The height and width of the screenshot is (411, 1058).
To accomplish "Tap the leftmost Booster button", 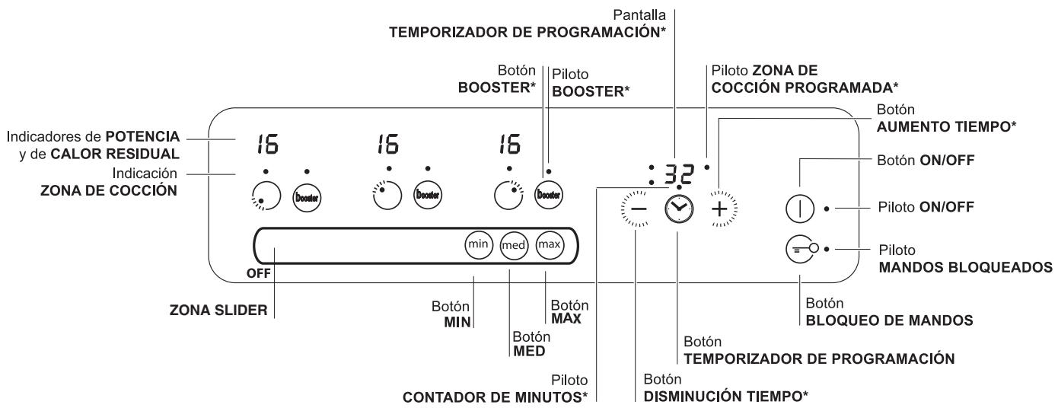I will pyautogui.click(x=307, y=195).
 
